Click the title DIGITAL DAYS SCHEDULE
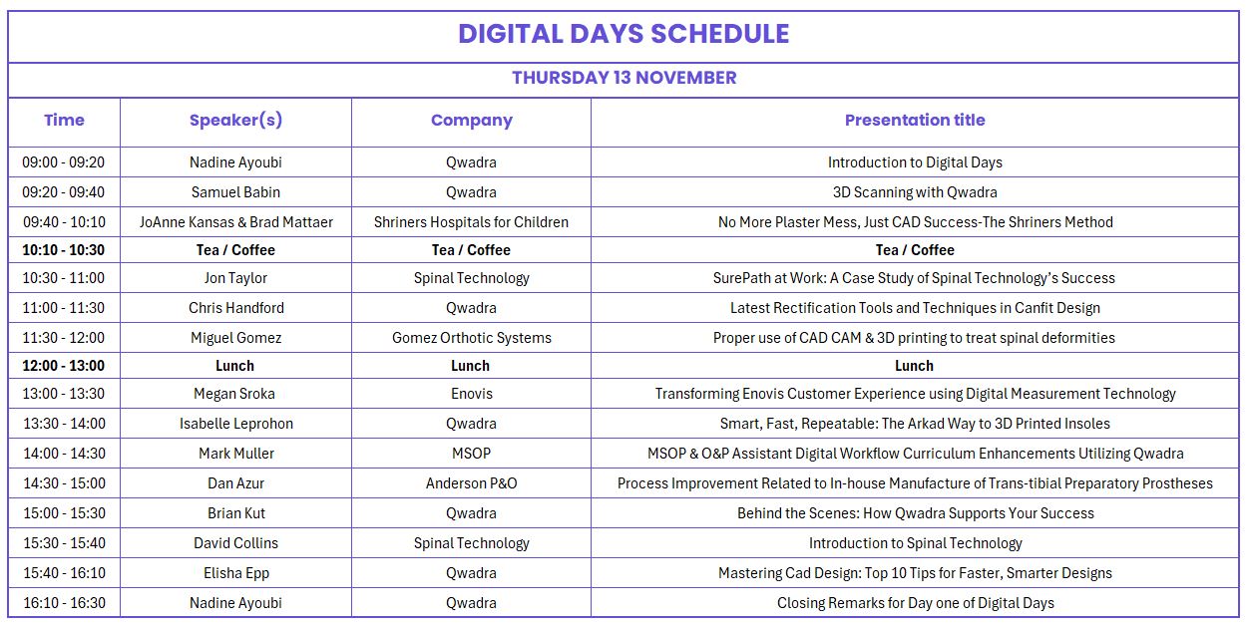pos(624,34)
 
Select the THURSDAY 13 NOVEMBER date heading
pos(624,78)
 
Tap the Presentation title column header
pos(914,121)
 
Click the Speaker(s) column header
pos(235,121)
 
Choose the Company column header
pos(471,121)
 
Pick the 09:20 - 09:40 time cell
pos(64,192)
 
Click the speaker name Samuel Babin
pos(235,192)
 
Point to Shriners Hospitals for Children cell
pos(471,222)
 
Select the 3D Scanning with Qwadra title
pos(914,192)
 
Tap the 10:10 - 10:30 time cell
pos(64,250)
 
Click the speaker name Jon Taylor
pos(235,278)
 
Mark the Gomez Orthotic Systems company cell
pos(471,338)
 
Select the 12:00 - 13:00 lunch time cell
pos(64,366)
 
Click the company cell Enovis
pos(471,394)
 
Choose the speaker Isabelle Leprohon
pos(235,424)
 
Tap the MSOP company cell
pos(471,454)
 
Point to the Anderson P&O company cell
pos(471,483)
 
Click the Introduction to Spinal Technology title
pos(914,543)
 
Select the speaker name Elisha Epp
pos(235,573)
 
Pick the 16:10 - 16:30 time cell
pos(64,603)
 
